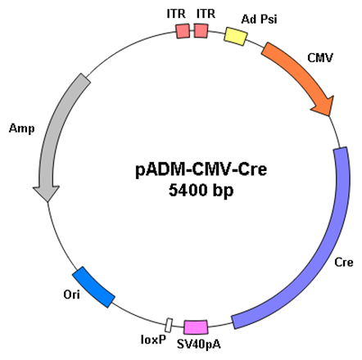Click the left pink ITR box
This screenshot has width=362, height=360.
pos(183,31)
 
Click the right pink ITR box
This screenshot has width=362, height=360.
pos(201,31)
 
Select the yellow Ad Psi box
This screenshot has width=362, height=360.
pos(236,36)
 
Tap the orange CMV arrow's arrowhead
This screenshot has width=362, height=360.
pos(324,106)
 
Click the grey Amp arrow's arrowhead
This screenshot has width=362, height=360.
pos(47,193)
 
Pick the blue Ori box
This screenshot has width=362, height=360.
pos(93,287)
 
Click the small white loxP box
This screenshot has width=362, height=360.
pos(170,325)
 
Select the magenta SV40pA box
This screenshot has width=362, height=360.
pos(196,327)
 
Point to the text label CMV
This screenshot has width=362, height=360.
pos(320,58)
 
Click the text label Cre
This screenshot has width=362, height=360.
pos(344,263)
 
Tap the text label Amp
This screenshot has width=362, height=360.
pos(22,128)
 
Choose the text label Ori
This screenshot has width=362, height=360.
pos(71,295)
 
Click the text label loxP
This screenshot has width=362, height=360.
pos(153,340)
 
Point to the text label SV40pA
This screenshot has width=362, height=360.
pos(199,344)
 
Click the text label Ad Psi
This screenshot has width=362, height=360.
pos(259,19)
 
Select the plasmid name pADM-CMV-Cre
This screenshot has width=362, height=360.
pos(201,169)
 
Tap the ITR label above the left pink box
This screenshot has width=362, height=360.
pos(176,14)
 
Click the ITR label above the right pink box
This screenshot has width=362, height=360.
pos(206,14)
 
